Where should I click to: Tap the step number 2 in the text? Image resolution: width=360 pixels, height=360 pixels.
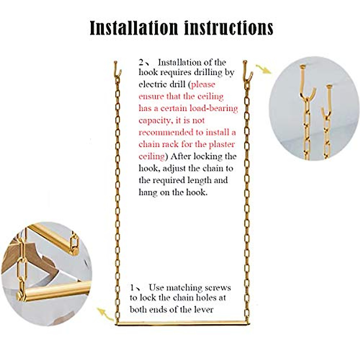click(141, 62)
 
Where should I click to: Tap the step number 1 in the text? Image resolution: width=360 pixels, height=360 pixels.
click(132, 288)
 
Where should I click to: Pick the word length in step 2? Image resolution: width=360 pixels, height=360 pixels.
click(200, 180)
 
